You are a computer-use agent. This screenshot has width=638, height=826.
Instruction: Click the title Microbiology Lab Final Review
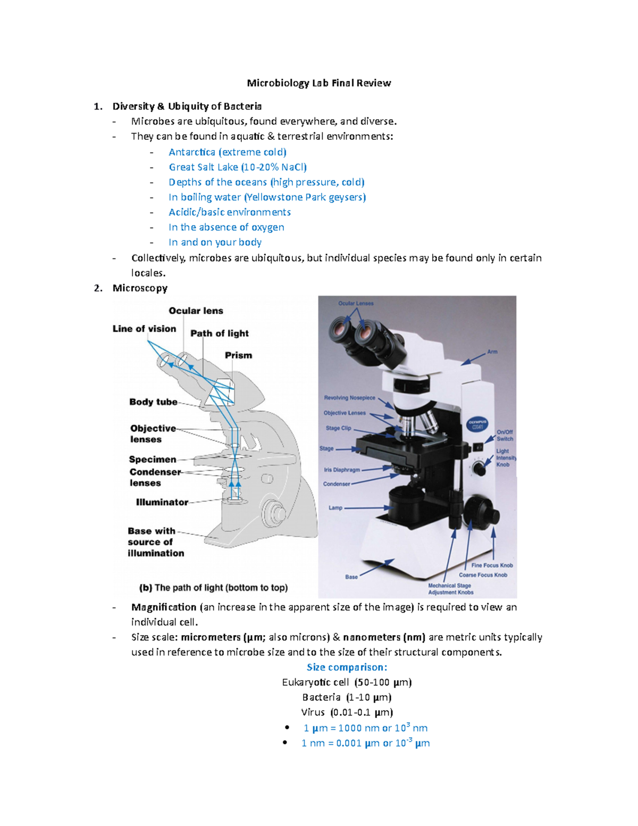pyautogui.click(x=318, y=83)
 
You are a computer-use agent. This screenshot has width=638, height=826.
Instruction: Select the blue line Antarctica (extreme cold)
pyautogui.click(x=227, y=152)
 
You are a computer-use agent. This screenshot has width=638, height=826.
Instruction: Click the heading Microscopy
pyautogui.click(x=140, y=288)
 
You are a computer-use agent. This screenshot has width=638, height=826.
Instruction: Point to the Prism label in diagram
pyautogui.click(x=238, y=355)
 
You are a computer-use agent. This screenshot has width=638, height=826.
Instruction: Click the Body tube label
pyautogui.click(x=153, y=402)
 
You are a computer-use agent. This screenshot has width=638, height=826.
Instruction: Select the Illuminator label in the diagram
pyautogui.click(x=162, y=502)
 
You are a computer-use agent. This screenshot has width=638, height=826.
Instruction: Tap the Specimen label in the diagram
pyautogui.click(x=153, y=460)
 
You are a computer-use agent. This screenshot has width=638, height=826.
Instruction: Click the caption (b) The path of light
pyautogui.click(x=213, y=588)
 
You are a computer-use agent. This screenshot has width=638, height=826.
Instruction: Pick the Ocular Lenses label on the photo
pyautogui.click(x=356, y=304)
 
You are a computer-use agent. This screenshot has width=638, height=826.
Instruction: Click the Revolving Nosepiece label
pyautogui.click(x=349, y=398)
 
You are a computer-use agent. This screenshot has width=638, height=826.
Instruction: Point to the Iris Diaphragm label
pyautogui.click(x=342, y=470)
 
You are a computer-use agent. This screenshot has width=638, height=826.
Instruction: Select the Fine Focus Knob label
pyautogui.click(x=492, y=565)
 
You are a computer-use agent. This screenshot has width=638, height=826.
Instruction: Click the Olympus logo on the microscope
pyautogui.click(x=477, y=424)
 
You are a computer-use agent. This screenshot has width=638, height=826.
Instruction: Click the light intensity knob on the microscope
pyautogui.click(x=479, y=469)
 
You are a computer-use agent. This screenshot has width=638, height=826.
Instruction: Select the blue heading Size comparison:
pyautogui.click(x=347, y=668)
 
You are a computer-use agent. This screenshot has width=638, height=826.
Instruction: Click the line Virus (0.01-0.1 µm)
pyautogui.click(x=347, y=712)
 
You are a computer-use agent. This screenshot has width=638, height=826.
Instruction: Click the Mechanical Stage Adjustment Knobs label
pyautogui.click(x=450, y=589)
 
